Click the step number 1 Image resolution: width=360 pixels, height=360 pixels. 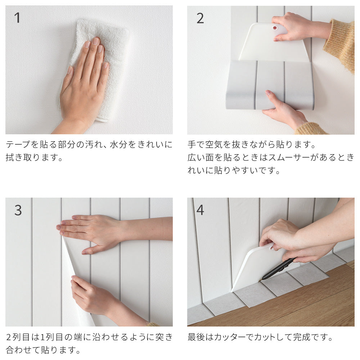[x=17, y=18]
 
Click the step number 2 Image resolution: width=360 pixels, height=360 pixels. [x=200, y=18]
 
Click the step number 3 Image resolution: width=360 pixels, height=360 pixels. [x=18, y=210]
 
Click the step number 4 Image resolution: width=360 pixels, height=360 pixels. [x=200, y=210]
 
